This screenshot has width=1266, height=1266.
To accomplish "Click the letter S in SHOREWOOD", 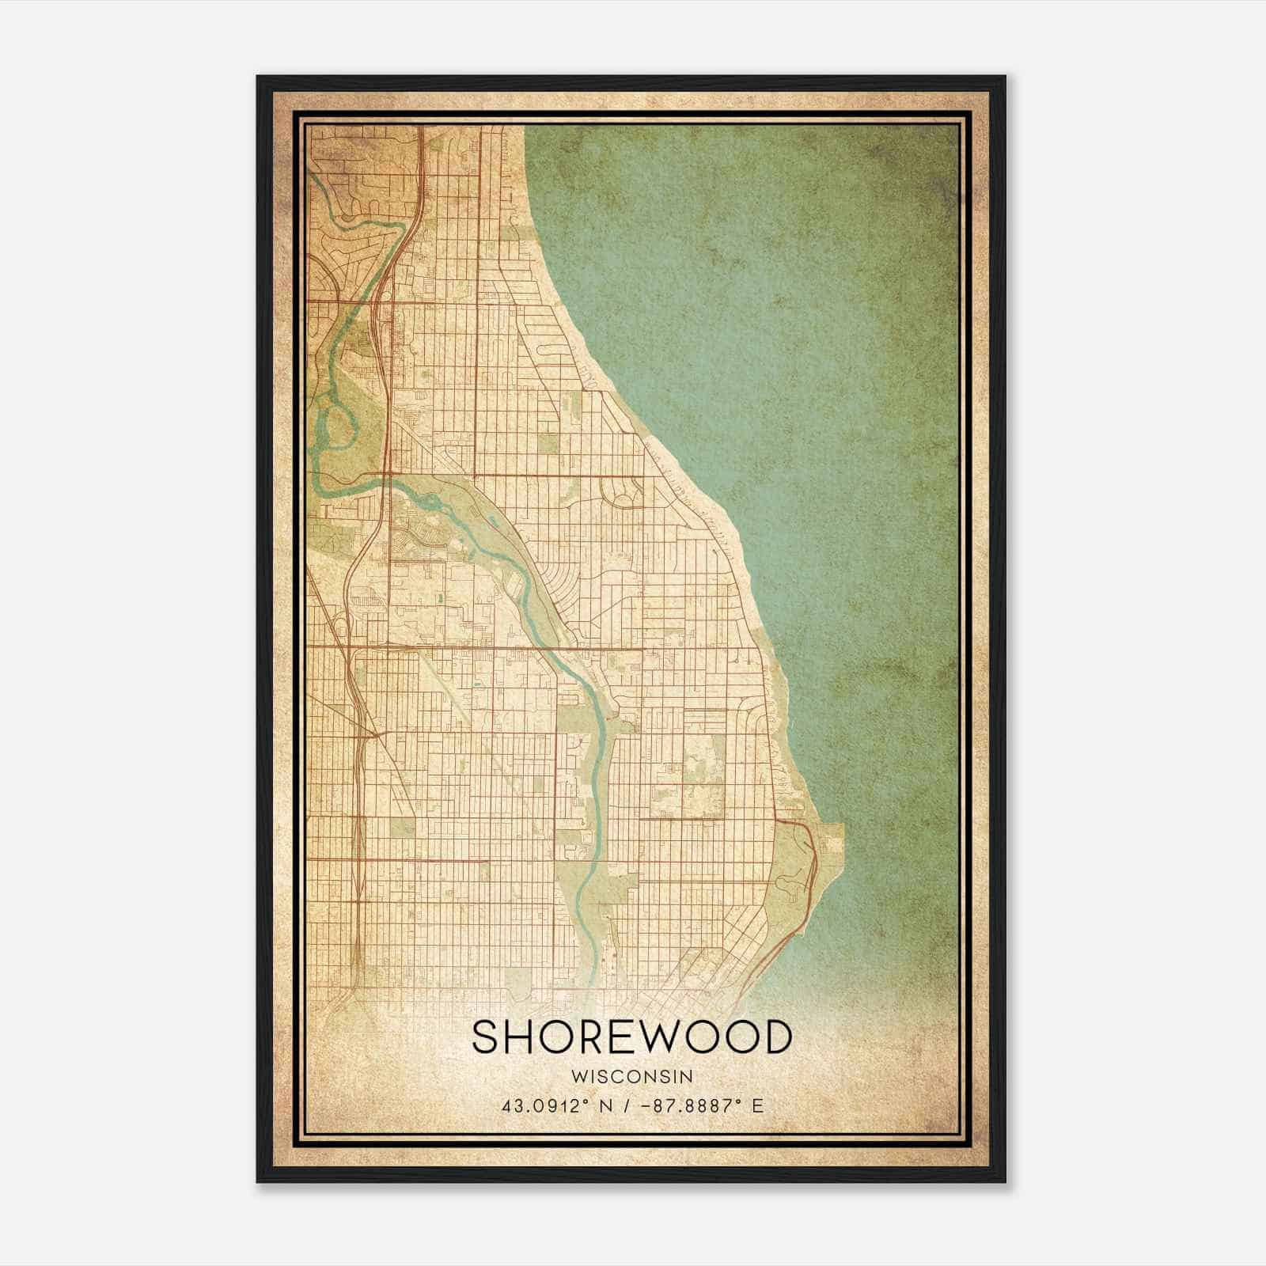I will [x=488, y=1037].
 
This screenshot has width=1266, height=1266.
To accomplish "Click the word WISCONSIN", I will [x=632, y=1076].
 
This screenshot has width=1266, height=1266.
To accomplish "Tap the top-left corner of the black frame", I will [x=259, y=78].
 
